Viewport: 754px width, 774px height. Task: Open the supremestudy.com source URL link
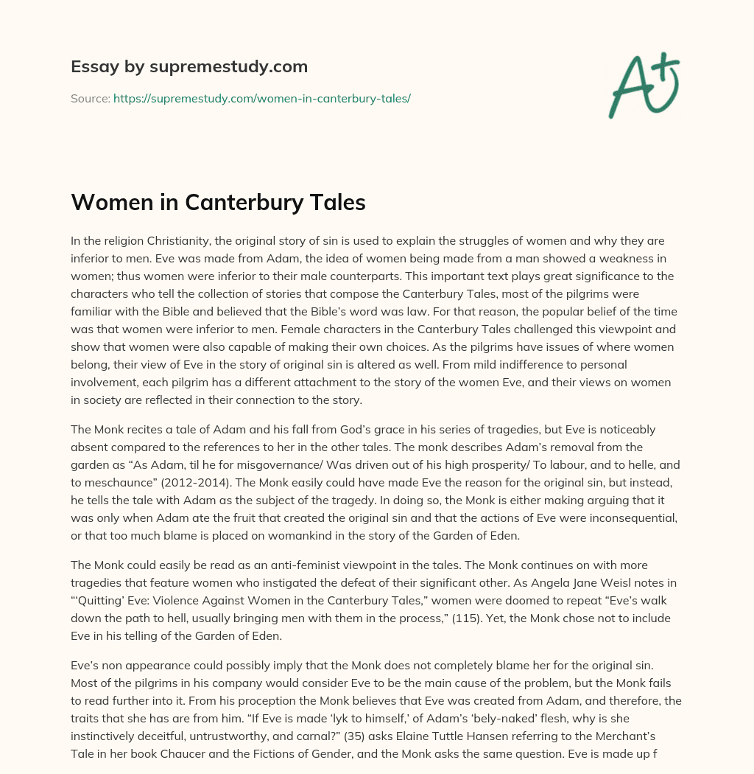[261, 98]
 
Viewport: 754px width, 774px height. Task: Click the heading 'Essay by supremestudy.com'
[189, 67]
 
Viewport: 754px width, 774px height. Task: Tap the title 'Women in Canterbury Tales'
[218, 203]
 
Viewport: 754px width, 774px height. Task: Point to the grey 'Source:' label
[90, 98]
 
